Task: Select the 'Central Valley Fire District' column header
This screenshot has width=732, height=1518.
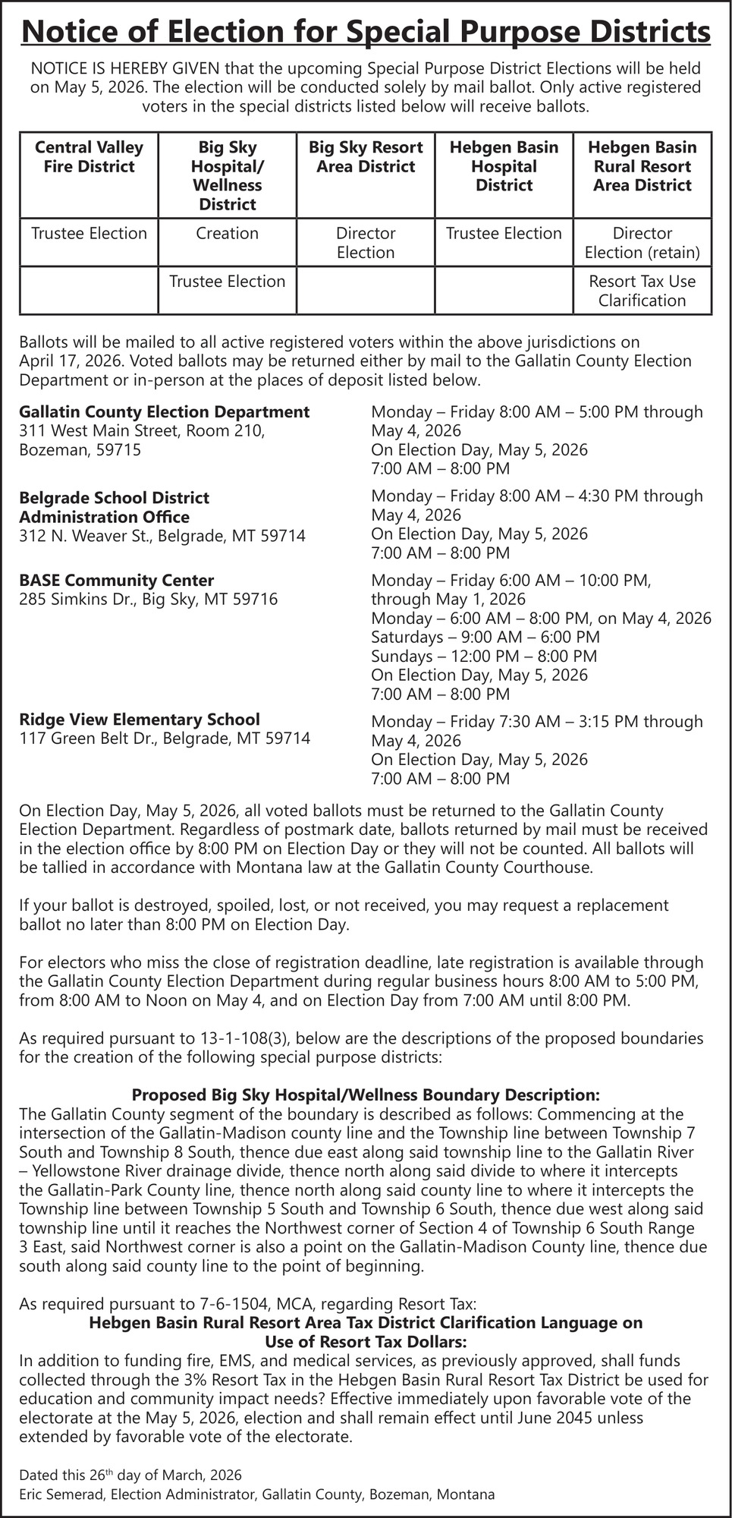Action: [x=89, y=157]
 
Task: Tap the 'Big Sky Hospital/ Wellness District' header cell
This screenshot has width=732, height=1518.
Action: [x=227, y=175]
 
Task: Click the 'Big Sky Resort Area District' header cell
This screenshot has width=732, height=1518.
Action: [x=366, y=157]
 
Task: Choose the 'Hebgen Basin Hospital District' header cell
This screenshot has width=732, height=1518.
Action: [x=504, y=166]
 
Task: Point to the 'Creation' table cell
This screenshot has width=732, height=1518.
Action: [x=227, y=234]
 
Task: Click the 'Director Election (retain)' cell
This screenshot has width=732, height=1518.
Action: [x=642, y=243]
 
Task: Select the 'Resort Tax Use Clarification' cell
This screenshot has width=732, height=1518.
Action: [x=642, y=291]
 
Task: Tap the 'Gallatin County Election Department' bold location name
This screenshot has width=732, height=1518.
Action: [x=164, y=412]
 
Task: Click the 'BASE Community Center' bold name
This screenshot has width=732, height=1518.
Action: [x=116, y=581]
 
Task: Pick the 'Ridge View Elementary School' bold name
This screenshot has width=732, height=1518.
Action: [x=139, y=720]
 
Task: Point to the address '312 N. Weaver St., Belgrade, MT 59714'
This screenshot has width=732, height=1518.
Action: [x=162, y=536]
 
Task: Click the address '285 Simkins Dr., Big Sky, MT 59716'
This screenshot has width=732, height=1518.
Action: [x=148, y=600]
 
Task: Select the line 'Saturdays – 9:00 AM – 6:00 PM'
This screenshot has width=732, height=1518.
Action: [x=485, y=638]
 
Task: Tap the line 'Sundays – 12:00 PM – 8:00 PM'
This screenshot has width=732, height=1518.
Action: [x=483, y=657]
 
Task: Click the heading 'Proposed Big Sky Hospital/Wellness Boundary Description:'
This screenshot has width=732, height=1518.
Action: [x=366, y=1095]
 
